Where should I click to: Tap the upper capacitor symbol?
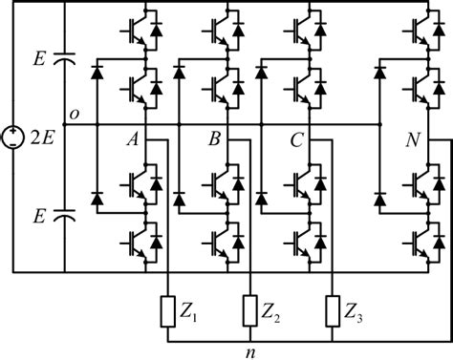pos(65,60)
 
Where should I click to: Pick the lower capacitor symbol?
pos(65,216)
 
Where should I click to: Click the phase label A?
pos(136,140)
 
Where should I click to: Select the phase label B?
pos(217,140)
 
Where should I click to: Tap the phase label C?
pos(298,140)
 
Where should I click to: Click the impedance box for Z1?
pos(168,310)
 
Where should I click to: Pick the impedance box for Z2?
pos(249,310)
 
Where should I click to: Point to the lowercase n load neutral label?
pos(249,350)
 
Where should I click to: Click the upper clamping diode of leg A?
pos(97,73)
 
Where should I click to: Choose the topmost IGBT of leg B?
pos(222,30)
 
